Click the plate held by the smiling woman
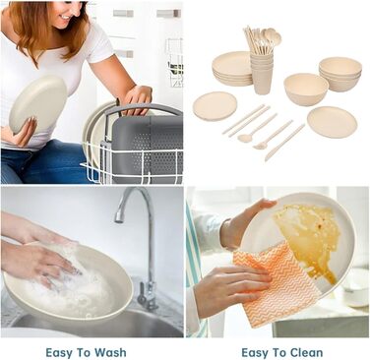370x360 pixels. [x=37, y=105]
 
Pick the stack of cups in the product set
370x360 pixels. [x=262, y=73]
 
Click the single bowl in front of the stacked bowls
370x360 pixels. [x=306, y=90]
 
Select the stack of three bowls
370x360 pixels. [x=340, y=74]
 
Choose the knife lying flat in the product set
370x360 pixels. [x=284, y=143]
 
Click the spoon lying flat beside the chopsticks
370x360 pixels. [x=258, y=128]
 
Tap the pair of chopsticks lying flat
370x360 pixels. [x=246, y=120]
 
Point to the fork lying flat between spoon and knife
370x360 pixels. [x=273, y=135]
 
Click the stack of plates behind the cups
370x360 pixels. [x=232, y=69]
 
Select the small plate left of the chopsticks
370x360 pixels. [x=215, y=106]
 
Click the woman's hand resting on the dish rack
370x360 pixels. [x=137, y=98]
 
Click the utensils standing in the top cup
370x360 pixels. [x=262, y=41]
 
